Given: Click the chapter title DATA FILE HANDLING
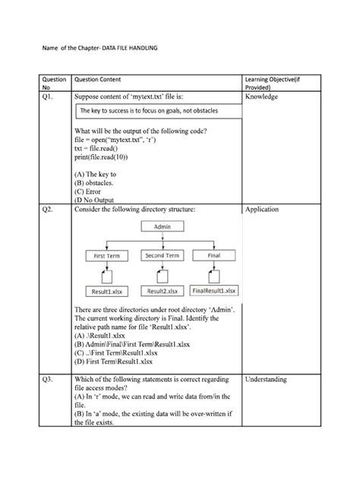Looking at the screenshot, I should pyautogui.click(x=122, y=49).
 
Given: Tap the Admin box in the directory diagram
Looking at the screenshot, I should pyautogui.click(x=163, y=226).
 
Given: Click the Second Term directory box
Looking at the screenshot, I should pyautogui.click(x=162, y=257).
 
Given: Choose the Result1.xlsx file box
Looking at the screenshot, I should pyautogui.click(x=104, y=290).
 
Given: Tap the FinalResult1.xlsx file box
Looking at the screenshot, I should pyautogui.click(x=215, y=290).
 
